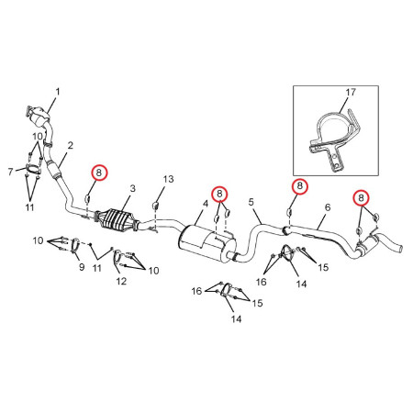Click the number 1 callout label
58,92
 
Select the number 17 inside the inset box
351,92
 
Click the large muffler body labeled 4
206,243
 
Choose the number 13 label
169,179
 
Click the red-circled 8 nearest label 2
99,173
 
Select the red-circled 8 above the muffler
219,194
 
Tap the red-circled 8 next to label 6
362,197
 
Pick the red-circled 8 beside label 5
300,185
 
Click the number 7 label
11,172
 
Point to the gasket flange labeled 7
32,169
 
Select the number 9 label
82,267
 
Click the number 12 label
121,281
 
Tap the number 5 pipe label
251,202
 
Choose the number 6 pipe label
328,207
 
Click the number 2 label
71,145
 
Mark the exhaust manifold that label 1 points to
39,117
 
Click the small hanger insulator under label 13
155,206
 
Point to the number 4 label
206,204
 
